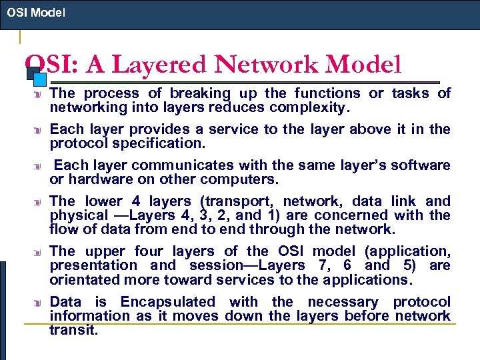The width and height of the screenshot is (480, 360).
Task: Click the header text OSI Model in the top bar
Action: click(x=37, y=12)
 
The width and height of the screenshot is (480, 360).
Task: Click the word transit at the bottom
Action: click(x=73, y=330)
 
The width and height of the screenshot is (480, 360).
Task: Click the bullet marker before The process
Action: click(x=39, y=94)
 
